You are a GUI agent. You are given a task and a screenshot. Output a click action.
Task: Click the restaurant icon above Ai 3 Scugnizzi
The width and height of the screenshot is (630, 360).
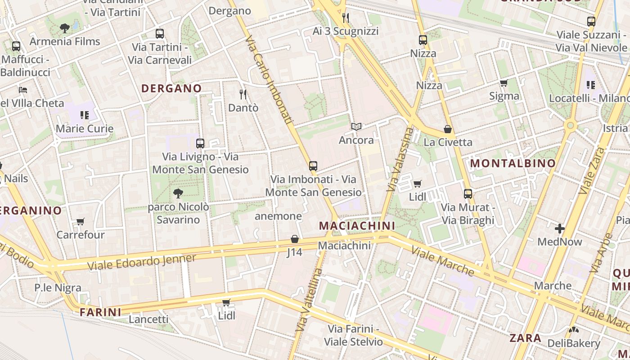tap(346, 18)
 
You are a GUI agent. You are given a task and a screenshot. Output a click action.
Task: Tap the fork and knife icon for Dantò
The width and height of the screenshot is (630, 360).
tap(243, 94)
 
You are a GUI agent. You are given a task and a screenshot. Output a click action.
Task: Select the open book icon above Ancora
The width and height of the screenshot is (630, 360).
tap(356, 127)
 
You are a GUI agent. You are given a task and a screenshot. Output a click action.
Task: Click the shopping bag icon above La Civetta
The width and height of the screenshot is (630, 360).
tap(448, 129)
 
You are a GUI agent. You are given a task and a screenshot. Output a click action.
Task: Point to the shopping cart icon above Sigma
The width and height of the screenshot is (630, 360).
tap(504, 83)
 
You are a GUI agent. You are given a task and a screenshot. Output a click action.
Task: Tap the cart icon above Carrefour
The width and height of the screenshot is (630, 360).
tap(81, 221)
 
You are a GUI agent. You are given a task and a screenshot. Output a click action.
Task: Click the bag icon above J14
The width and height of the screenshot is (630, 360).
tap(295, 239)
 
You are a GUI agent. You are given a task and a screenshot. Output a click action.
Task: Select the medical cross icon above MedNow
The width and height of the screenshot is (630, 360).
tap(560, 229)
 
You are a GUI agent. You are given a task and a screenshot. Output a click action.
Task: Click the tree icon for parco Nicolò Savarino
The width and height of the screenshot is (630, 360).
tap(178, 194)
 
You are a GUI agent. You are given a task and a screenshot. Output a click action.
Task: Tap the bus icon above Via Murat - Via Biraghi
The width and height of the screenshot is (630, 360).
tap(468, 194)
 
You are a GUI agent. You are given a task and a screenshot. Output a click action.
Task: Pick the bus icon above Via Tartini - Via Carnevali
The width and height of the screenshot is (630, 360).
tap(160, 34)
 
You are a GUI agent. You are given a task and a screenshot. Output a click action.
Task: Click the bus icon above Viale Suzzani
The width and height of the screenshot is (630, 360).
tap(591, 21)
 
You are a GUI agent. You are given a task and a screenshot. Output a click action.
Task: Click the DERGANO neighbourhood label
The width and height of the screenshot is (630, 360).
tap(171, 88)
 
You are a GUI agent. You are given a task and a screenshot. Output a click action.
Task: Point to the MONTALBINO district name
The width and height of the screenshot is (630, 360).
tap(513, 163)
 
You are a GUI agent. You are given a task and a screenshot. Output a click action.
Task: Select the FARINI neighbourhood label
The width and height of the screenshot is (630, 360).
tap(100, 312)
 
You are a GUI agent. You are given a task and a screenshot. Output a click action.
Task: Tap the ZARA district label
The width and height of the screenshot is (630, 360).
tap(525, 338)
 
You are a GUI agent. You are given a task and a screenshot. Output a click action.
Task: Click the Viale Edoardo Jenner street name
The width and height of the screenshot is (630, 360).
tap(142, 262)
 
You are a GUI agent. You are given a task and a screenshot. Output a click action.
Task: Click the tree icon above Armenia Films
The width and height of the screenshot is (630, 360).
tap(65, 28)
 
